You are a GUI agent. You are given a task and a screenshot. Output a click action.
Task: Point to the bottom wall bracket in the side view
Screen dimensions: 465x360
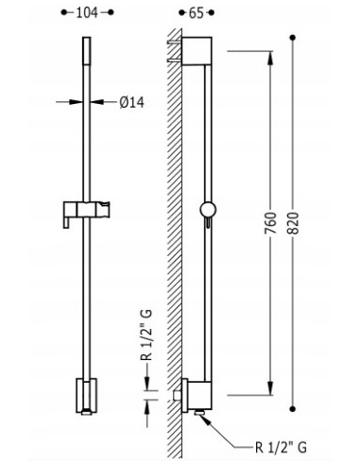[x=193, y=390]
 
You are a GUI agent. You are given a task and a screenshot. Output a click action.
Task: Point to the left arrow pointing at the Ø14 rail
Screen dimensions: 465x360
[x=76, y=101]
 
